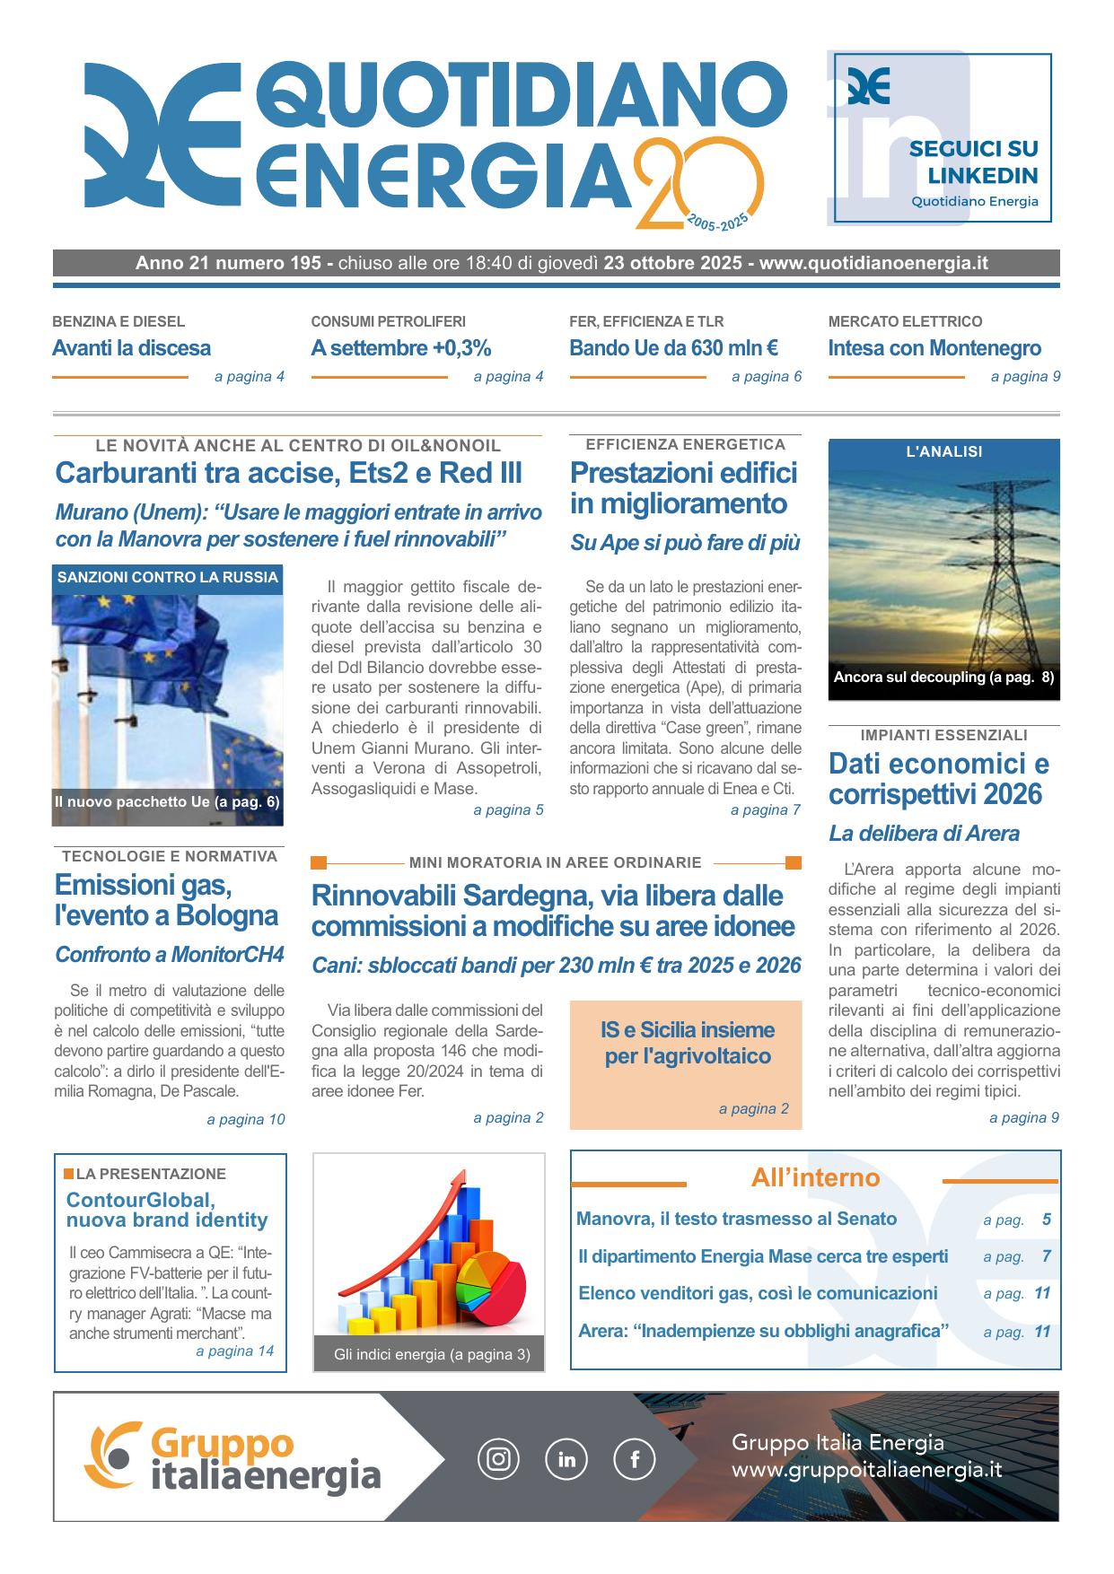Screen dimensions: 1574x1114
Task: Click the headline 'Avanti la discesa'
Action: click(x=131, y=348)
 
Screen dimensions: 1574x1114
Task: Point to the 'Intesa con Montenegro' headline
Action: click(x=934, y=348)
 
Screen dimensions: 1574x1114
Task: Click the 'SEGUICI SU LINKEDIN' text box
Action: click(x=974, y=162)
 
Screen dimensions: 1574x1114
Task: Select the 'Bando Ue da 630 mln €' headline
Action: click(x=673, y=348)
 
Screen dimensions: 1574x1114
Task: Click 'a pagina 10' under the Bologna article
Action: click(x=245, y=1119)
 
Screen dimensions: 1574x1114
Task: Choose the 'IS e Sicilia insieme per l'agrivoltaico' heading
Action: click(x=688, y=1043)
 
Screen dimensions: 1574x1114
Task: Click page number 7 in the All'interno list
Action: click(x=1046, y=1256)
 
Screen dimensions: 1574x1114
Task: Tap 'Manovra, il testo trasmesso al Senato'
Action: click(x=736, y=1219)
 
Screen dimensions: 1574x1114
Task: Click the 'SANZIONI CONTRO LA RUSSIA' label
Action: click(x=168, y=578)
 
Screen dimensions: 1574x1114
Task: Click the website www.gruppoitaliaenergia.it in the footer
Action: click(x=866, y=1471)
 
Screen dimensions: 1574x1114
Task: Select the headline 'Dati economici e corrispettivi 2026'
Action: click(x=938, y=779)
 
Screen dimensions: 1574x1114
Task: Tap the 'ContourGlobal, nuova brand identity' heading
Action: click(x=167, y=1210)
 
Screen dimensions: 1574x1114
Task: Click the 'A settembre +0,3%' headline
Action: click(x=400, y=348)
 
